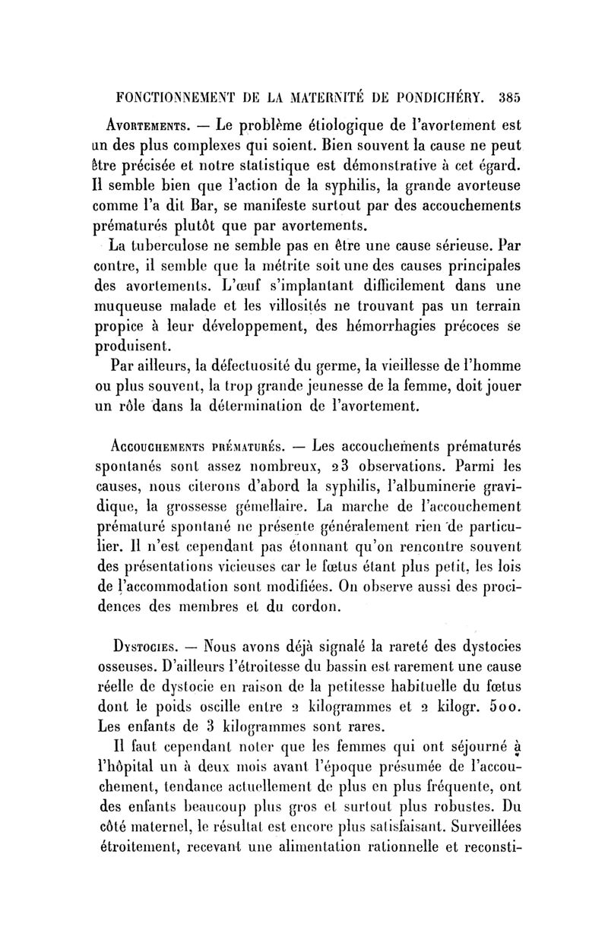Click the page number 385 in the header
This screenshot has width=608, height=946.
coord(505,97)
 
